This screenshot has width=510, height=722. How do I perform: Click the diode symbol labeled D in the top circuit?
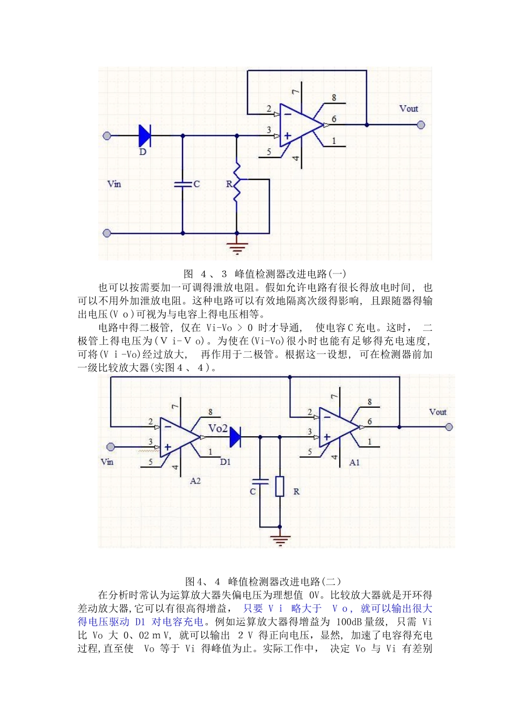144,135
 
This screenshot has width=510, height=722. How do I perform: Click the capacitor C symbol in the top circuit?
183,184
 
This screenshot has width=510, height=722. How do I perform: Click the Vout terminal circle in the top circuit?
421,125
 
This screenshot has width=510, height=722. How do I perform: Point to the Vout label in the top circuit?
409,109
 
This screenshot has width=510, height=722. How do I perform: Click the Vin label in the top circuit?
114,184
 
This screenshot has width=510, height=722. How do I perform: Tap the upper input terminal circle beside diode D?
107,136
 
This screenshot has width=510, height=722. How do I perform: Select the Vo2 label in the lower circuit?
218,428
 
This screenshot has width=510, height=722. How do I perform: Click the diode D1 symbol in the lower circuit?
235,437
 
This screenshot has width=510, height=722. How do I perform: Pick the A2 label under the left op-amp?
195,481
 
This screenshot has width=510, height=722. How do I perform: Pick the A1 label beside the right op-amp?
354,462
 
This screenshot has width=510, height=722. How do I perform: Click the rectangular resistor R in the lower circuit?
280,486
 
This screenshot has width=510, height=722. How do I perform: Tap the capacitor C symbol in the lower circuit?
260,482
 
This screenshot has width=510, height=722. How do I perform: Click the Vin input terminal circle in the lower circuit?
111,447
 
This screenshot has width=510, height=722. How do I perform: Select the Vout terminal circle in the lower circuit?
449,427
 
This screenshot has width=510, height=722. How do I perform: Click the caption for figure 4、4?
263,581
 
